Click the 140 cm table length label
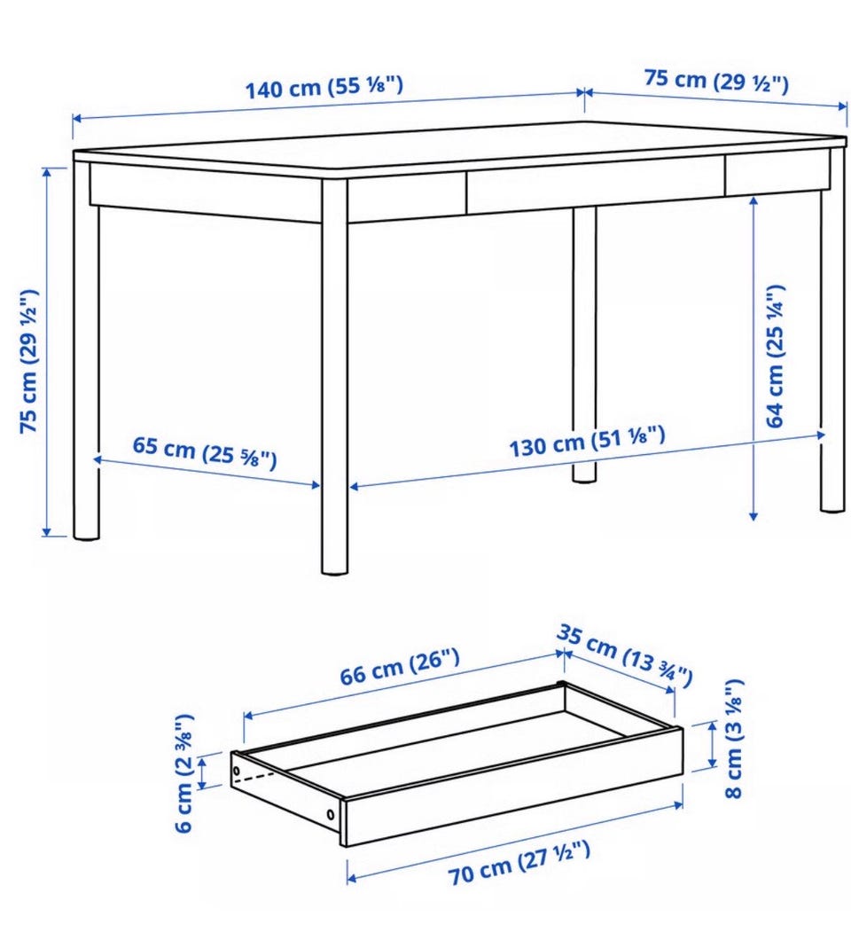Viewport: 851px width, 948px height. (x=324, y=88)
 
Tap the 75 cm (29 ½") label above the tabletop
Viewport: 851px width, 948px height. (x=716, y=81)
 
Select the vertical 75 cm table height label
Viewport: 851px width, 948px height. (x=29, y=361)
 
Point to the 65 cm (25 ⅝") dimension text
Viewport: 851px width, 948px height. (x=204, y=451)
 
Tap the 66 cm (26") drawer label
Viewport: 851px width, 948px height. (x=400, y=666)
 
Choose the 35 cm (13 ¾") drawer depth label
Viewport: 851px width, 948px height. (x=624, y=655)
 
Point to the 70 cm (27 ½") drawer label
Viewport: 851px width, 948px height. (x=519, y=862)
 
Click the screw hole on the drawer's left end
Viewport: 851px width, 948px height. (x=237, y=772)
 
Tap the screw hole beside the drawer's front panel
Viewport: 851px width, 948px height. (x=330, y=814)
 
